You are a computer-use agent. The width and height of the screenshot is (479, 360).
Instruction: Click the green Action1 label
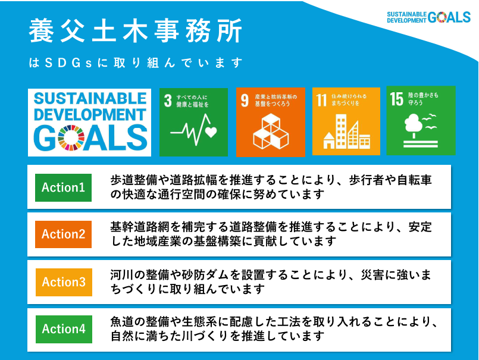(x=63, y=187)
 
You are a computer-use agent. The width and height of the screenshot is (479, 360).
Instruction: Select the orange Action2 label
(x=63, y=234)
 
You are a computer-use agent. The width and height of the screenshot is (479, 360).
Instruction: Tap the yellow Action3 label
(x=63, y=282)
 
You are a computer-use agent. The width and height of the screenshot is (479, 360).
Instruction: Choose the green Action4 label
(x=63, y=329)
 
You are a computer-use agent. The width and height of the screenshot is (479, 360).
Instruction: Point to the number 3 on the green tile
(x=168, y=99)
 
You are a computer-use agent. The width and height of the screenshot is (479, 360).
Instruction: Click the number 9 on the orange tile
(x=245, y=99)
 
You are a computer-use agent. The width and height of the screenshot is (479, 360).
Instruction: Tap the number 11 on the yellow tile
(x=322, y=99)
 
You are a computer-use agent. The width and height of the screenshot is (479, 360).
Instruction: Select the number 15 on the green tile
(x=396, y=99)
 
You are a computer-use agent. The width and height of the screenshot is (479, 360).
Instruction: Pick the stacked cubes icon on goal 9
(x=271, y=131)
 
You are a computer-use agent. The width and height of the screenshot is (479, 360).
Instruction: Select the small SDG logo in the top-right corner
(x=428, y=17)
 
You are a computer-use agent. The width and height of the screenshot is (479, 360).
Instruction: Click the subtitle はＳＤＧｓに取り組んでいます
(x=136, y=62)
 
